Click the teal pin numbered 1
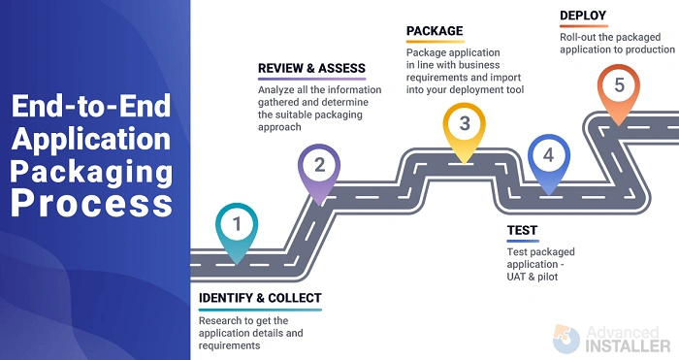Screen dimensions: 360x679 [x=236, y=226]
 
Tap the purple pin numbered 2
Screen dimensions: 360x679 [x=319, y=166]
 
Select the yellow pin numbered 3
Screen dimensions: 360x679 [x=465, y=124]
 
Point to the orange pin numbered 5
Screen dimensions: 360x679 [x=619, y=86]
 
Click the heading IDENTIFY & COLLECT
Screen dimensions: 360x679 [x=259, y=298]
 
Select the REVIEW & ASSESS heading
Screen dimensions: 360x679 [x=311, y=69]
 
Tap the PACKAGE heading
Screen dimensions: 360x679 [x=435, y=30]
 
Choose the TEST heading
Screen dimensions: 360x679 [x=522, y=232]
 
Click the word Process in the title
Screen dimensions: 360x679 [x=94, y=205]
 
